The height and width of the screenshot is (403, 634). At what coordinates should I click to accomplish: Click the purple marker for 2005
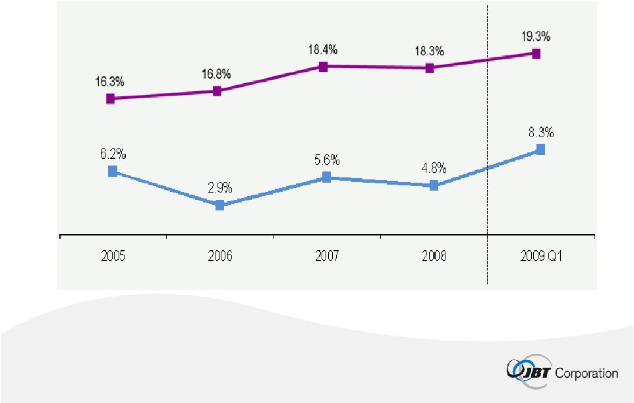[111, 99]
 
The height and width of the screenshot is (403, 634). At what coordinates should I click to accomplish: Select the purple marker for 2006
[217, 91]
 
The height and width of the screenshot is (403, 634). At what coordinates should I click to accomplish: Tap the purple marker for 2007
[324, 67]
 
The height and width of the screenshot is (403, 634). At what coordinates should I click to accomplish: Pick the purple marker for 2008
[430, 68]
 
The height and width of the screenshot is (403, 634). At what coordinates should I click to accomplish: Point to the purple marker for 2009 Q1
[536, 53]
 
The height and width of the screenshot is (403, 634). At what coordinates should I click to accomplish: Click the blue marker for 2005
[113, 171]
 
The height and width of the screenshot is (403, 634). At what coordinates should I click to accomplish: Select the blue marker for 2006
[220, 205]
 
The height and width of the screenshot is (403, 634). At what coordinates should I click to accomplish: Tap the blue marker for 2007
[326, 177]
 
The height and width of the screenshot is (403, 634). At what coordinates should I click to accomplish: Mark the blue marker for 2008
[434, 186]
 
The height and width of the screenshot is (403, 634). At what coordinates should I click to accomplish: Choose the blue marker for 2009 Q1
[540, 150]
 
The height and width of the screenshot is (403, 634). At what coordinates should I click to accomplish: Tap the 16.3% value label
[109, 82]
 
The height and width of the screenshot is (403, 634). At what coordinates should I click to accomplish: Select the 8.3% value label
[540, 133]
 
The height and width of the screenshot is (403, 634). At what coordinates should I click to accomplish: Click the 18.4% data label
[323, 49]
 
